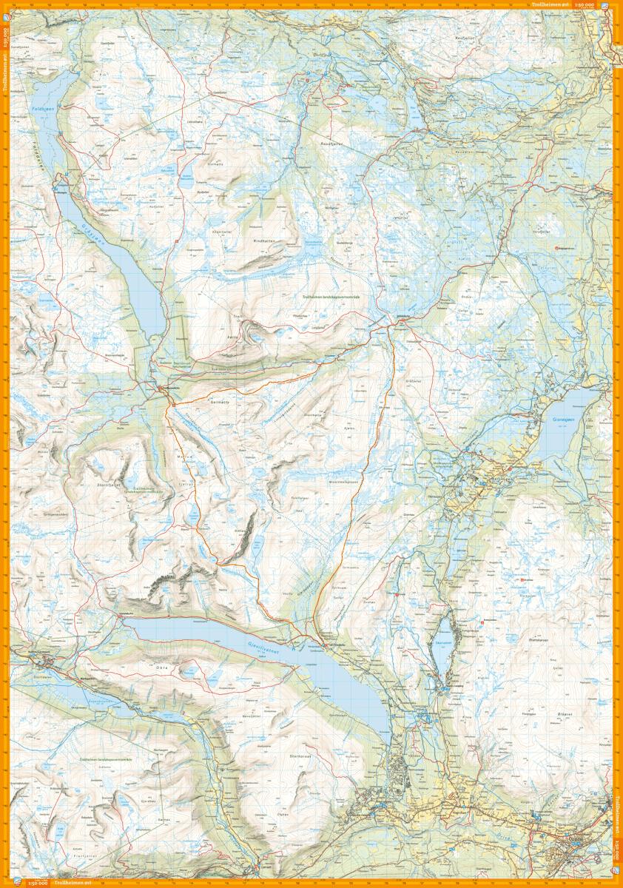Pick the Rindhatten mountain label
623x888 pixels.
(x=263, y=240)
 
